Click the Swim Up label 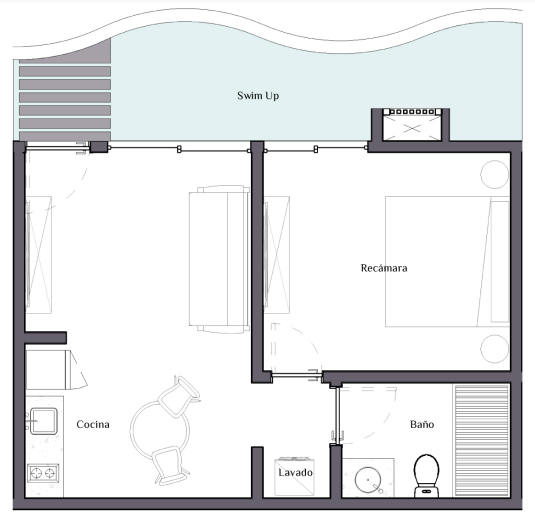point(258,96)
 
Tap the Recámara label point(384,268)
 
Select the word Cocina point(93,424)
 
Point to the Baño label point(422,424)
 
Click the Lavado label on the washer point(295,472)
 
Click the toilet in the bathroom point(426,475)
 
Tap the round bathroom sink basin point(368,480)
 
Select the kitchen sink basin point(44,421)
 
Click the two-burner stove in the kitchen point(43,473)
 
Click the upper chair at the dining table point(179,396)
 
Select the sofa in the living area point(219,259)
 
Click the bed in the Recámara point(448,261)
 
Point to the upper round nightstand point(495,174)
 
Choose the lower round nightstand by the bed point(495,349)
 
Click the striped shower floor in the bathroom point(481,440)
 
